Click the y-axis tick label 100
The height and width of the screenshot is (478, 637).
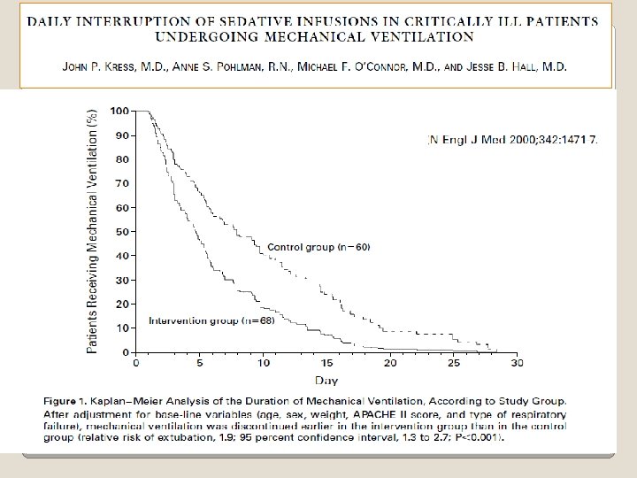click(x=119, y=111)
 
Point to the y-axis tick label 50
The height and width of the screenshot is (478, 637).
click(x=123, y=232)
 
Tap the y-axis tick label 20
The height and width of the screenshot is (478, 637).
click(x=123, y=304)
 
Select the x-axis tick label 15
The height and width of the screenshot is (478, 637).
click(x=326, y=363)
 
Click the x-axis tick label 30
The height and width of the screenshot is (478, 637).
click(x=518, y=363)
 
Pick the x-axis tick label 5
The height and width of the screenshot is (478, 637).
click(x=199, y=363)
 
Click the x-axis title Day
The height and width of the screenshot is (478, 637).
click(x=326, y=381)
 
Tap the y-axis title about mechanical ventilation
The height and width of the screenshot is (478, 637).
click(x=92, y=232)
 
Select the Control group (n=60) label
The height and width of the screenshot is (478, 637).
click(x=318, y=247)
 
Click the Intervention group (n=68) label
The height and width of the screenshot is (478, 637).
click(x=211, y=320)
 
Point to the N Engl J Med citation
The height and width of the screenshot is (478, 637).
click(x=512, y=140)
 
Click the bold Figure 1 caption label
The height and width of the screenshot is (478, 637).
click(x=65, y=401)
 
